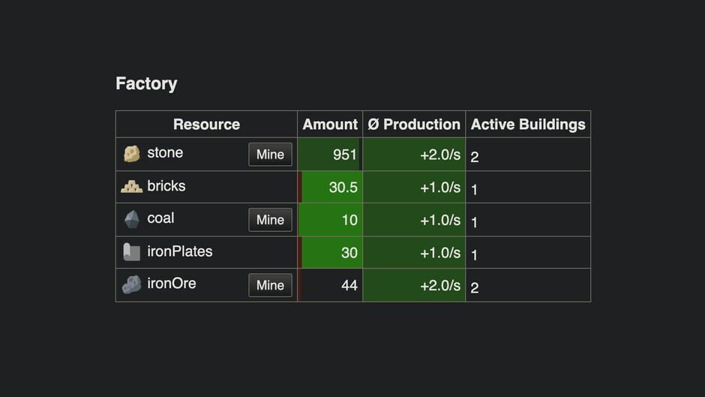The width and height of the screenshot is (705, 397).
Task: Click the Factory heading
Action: (x=146, y=83)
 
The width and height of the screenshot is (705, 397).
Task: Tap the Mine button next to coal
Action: (x=270, y=220)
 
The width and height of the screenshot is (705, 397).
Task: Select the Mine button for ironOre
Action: (x=270, y=285)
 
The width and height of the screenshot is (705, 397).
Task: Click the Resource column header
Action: (x=206, y=125)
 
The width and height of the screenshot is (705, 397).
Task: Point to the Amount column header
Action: (x=330, y=125)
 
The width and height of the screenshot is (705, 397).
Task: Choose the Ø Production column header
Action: (x=414, y=125)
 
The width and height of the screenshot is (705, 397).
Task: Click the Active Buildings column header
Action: (x=528, y=125)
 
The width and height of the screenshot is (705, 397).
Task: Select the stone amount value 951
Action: (x=345, y=155)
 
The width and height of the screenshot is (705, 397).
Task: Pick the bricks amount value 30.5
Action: (x=343, y=188)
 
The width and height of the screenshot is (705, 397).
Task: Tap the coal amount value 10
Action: (x=349, y=220)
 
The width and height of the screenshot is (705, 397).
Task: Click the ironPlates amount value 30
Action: (x=349, y=253)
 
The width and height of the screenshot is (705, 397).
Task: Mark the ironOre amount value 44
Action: (x=349, y=285)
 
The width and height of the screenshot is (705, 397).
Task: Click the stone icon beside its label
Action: (x=132, y=154)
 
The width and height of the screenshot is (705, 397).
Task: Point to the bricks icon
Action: (x=132, y=186)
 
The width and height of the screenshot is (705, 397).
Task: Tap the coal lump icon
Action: (x=132, y=219)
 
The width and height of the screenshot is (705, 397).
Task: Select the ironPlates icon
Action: (x=132, y=252)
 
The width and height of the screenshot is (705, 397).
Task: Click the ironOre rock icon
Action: (x=132, y=285)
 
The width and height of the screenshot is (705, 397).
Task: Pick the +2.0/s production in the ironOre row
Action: (x=440, y=285)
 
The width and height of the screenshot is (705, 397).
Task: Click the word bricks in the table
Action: (x=166, y=186)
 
